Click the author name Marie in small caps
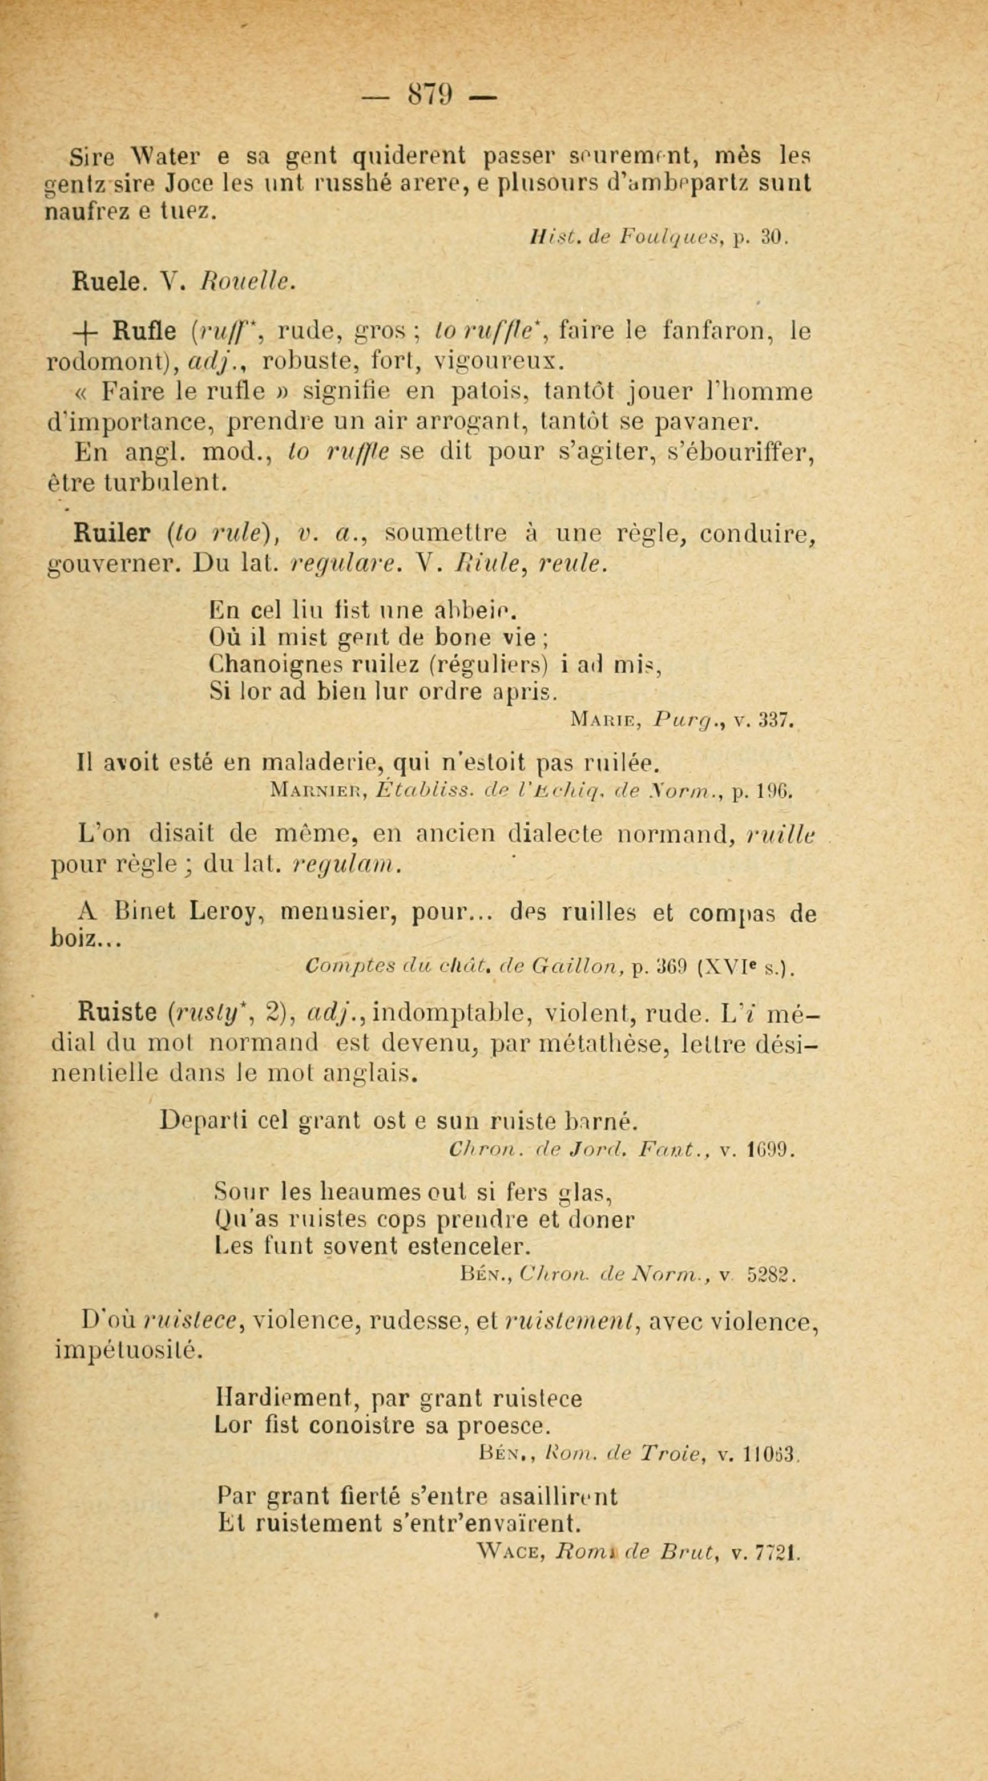pyautogui.click(x=602, y=721)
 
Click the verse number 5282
pyautogui.click(x=772, y=1274)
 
